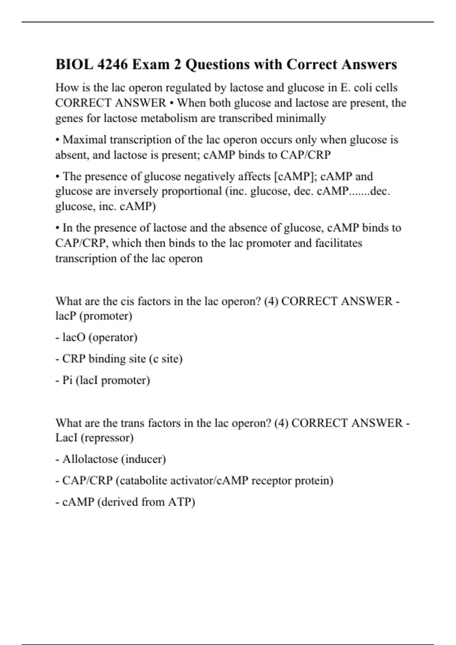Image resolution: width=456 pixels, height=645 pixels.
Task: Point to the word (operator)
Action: [113, 337]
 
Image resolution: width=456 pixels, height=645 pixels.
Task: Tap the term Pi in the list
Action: [68, 380]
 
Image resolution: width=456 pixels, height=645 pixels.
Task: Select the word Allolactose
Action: [90, 459]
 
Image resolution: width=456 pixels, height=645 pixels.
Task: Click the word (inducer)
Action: [144, 459]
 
